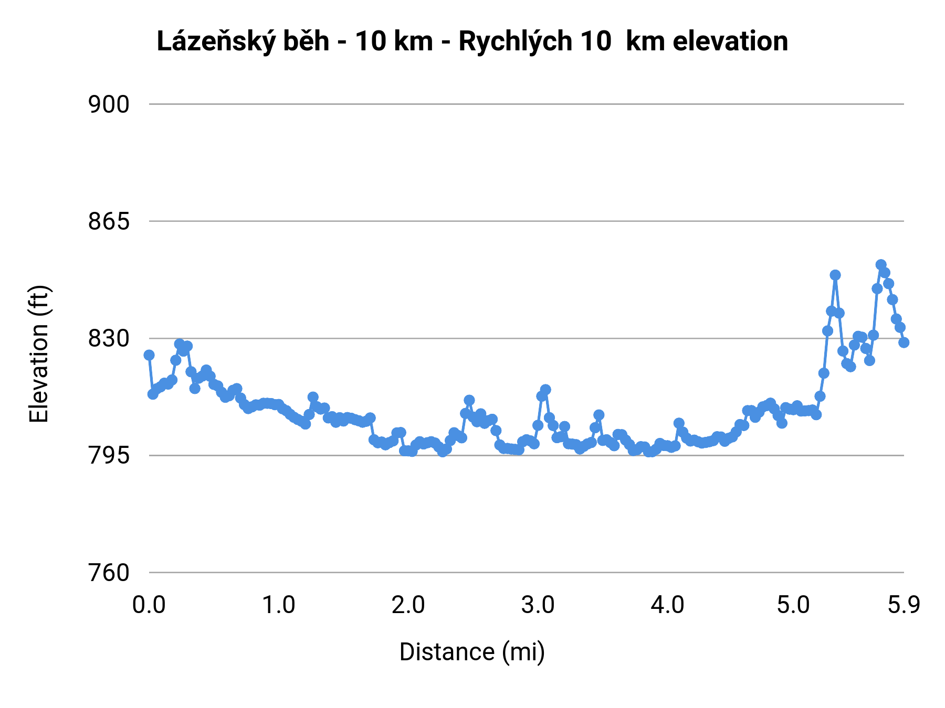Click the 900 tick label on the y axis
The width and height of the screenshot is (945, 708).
[108, 104]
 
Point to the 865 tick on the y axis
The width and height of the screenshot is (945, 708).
[108, 221]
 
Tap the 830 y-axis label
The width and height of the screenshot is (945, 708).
[108, 339]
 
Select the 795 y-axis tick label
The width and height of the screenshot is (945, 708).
[108, 456]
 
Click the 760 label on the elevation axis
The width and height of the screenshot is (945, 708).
[108, 573]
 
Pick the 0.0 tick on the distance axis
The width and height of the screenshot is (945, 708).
[149, 605]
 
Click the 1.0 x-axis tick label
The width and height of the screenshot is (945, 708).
[279, 605]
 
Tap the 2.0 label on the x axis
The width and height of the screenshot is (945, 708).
[408, 605]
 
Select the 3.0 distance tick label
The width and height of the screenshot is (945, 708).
[538, 605]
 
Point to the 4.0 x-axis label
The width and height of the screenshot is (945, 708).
[667, 605]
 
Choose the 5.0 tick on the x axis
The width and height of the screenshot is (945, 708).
[793, 605]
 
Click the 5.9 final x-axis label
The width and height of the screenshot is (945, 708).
[904, 605]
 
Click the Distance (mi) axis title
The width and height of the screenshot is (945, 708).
[472, 652]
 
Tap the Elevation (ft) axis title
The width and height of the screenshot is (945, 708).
[39, 354]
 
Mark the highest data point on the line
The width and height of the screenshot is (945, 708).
[881, 265]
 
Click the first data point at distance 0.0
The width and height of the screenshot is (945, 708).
[149, 355]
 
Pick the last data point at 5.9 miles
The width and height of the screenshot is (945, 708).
[904, 342]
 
